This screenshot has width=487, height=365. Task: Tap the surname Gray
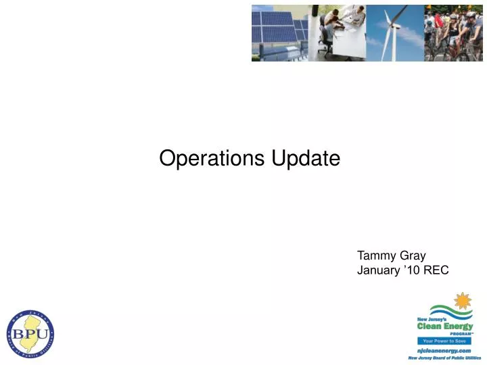[413, 256]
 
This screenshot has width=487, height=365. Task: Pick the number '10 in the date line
[411, 270]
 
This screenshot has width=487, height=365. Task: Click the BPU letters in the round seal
[30, 334]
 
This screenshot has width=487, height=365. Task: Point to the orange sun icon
[463, 301]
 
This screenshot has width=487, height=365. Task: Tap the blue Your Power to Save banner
[443, 341]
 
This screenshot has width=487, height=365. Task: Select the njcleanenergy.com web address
[444, 350]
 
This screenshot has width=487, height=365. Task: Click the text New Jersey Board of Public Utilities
[444, 358]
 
